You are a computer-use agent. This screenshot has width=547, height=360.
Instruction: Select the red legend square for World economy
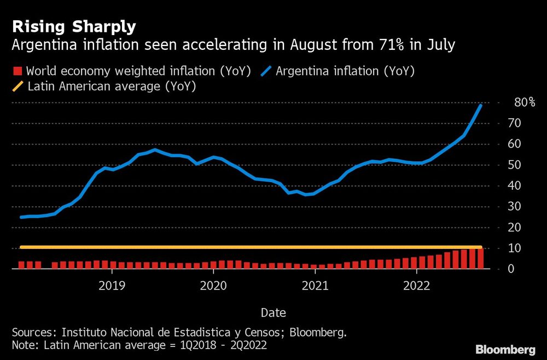click(17, 71)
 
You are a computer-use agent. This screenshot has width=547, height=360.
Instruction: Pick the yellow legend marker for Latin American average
click(17, 86)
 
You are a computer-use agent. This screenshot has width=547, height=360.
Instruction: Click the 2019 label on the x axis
click(112, 285)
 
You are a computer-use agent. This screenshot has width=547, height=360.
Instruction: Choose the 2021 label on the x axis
click(315, 285)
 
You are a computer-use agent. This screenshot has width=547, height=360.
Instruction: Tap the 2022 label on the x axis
click(416, 285)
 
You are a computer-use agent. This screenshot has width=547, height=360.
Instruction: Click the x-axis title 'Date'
click(273, 312)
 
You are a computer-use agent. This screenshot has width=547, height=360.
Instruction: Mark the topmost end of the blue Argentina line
click(481, 104)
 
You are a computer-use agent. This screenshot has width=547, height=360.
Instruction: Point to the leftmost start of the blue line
click(21, 217)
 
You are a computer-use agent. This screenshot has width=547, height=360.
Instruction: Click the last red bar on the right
click(480, 258)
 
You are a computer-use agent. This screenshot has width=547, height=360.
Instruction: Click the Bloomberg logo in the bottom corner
click(505, 349)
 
